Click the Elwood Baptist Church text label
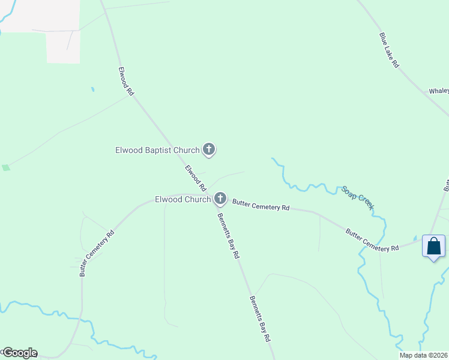coord(157,150)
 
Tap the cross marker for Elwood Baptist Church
coord(209,149)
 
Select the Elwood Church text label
coord(182,199)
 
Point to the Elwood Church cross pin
coord(220,198)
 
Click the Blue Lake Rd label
coord(389,50)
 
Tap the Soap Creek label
coord(358,197)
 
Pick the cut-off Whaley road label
coord(439,91)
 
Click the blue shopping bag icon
coord(433,246)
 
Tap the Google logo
coord(19,353)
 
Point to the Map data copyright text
coord(423,355)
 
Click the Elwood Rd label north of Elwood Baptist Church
coord(126,82)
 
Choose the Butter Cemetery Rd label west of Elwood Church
coord(97,254)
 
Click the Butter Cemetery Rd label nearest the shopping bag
coord(372,239)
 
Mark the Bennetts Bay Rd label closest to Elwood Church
coord(228,236)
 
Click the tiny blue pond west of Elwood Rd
coord(92,90)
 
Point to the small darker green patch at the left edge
coord(6,167)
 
